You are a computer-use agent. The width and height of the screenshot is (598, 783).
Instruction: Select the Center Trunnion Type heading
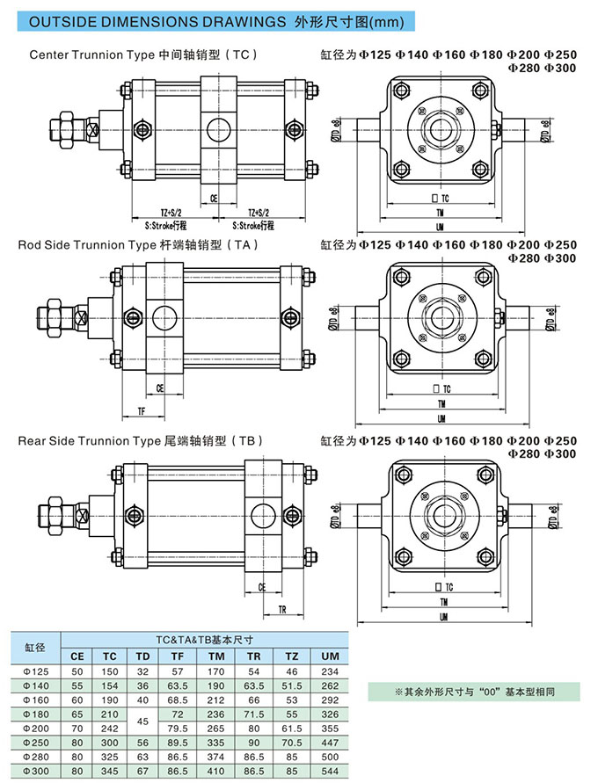tap(143, 54)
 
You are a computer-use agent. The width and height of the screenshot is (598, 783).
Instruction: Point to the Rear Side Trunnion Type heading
tap(141, 440)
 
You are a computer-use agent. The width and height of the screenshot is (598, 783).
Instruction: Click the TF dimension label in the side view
tap(141, 410)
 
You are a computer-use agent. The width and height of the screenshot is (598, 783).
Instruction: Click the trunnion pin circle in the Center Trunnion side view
tap(217, 131)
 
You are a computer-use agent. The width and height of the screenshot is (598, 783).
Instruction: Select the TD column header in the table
tap(142, 656)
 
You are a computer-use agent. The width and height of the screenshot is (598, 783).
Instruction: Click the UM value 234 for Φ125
tap(330, 671)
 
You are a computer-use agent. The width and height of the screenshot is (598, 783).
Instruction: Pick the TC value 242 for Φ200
tap(110, 727)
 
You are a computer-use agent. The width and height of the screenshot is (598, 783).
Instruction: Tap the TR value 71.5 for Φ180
tap(253, 713)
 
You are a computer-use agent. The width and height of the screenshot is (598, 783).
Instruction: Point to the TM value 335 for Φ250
tap(215, 741)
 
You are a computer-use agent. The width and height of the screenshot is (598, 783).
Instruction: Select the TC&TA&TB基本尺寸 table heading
tap(204, 641)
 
